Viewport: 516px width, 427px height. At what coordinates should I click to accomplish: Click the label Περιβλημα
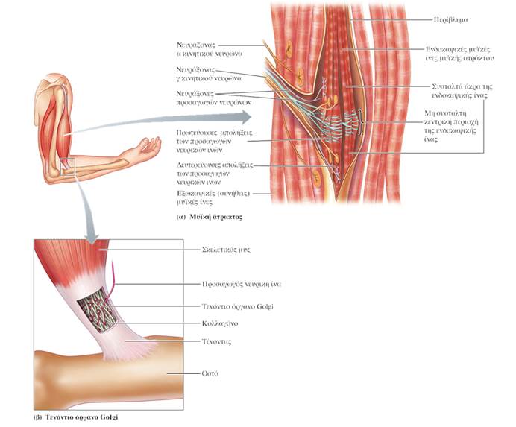click(453, 15)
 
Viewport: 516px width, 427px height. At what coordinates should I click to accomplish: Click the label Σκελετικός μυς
click(222, 251)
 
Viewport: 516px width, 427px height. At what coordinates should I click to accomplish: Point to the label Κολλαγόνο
click(217, 324)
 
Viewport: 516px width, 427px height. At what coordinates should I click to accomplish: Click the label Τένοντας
click(215, 340)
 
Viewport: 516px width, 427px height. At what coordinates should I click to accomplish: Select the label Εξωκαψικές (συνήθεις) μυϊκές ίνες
click(221, 196)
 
